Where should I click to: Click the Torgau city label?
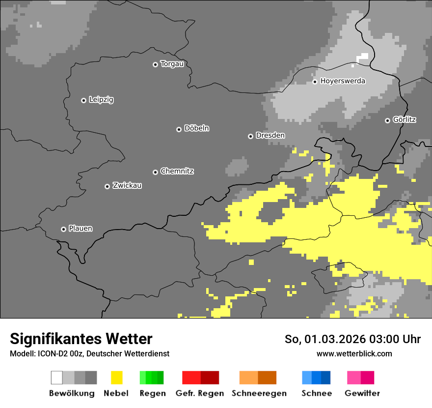(172, 64)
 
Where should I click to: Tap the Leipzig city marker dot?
(83, 100)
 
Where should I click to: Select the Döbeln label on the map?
(196, 128)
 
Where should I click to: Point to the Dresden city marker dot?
(250, 136)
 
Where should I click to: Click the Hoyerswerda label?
(343, 81)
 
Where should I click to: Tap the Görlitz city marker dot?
(387, 120)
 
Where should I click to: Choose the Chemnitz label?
(177, 172)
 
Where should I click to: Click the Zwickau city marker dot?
(107, 186)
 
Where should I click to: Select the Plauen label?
(81, 229)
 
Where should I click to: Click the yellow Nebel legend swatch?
(116, 378)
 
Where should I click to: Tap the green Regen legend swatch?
(152, 378)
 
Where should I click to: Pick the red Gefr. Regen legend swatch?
(200, 378)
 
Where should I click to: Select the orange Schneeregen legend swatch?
(258, 378)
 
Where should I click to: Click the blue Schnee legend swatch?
(316, 378)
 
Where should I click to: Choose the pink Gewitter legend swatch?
(361, 378)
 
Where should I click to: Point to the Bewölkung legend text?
(72, 393)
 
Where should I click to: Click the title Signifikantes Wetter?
(81, 339)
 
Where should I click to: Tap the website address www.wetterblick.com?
(354, 354)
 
